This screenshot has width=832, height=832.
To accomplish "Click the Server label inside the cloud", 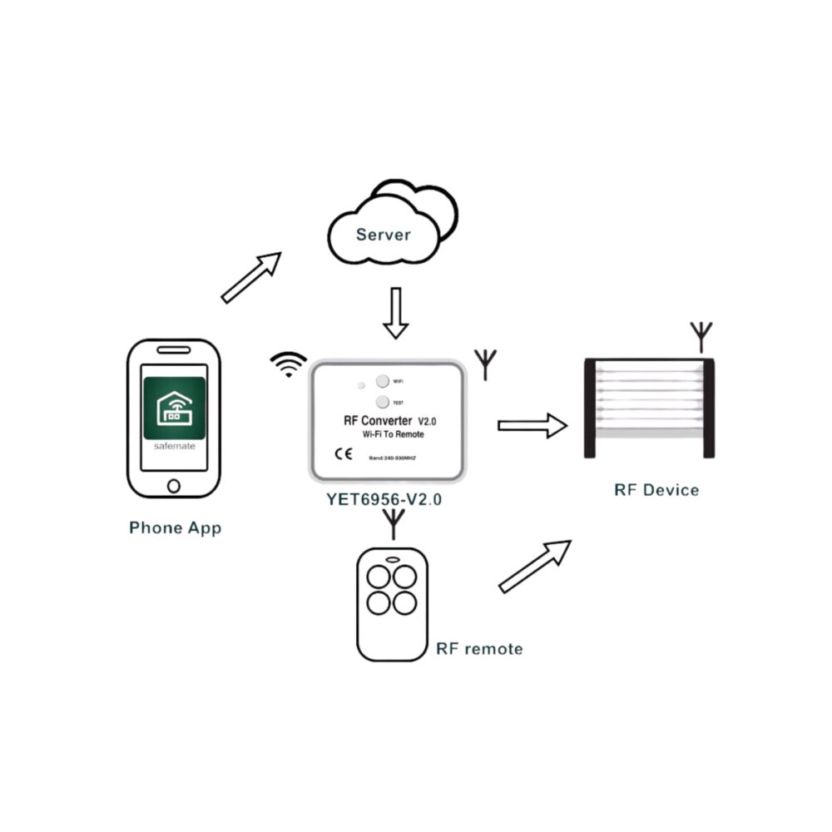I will click(x=383, y=235).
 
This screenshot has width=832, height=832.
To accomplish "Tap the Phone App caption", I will click(x=176, y=527).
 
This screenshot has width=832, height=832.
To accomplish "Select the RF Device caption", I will click(x=656, y=489).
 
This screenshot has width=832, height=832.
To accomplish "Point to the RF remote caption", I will click(x=479, y=648).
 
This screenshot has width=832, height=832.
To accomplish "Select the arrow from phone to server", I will click(x=251, y=277).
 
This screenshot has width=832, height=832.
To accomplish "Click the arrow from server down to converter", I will click(x=396, y=313).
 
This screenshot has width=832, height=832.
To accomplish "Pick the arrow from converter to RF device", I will click(x=532, y=426).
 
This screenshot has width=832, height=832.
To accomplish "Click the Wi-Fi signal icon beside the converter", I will click(x=288, y=364).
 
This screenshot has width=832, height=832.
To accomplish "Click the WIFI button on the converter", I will click(x=382, y=381).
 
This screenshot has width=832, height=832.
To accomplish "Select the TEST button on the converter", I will click(x=382, y=402).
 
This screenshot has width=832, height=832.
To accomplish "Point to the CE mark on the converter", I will click(x=343, y=454).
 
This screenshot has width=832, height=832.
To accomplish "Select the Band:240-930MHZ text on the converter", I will click(x=397, y=457).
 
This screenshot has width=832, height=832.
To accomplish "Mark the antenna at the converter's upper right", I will click(x=485, y=364).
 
